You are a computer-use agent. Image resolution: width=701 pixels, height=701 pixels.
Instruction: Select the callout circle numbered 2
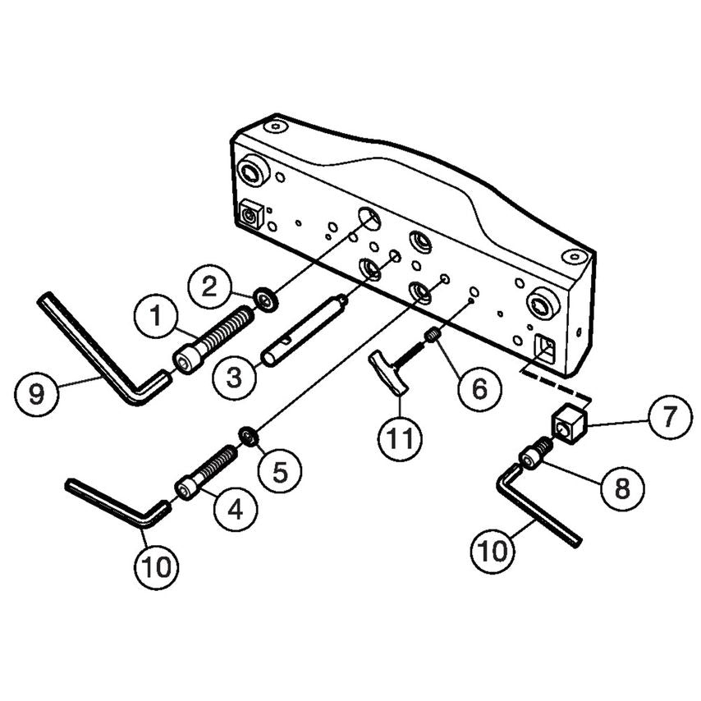coord(209,286)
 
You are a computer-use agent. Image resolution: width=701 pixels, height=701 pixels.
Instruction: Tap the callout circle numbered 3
coord(234,378)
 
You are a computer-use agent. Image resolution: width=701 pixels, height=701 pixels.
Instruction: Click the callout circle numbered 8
coord(622,488)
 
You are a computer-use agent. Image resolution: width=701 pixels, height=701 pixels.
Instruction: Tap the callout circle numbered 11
coord(399,439)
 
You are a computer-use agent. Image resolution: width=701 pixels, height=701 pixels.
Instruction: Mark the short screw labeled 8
coord(536,454)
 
